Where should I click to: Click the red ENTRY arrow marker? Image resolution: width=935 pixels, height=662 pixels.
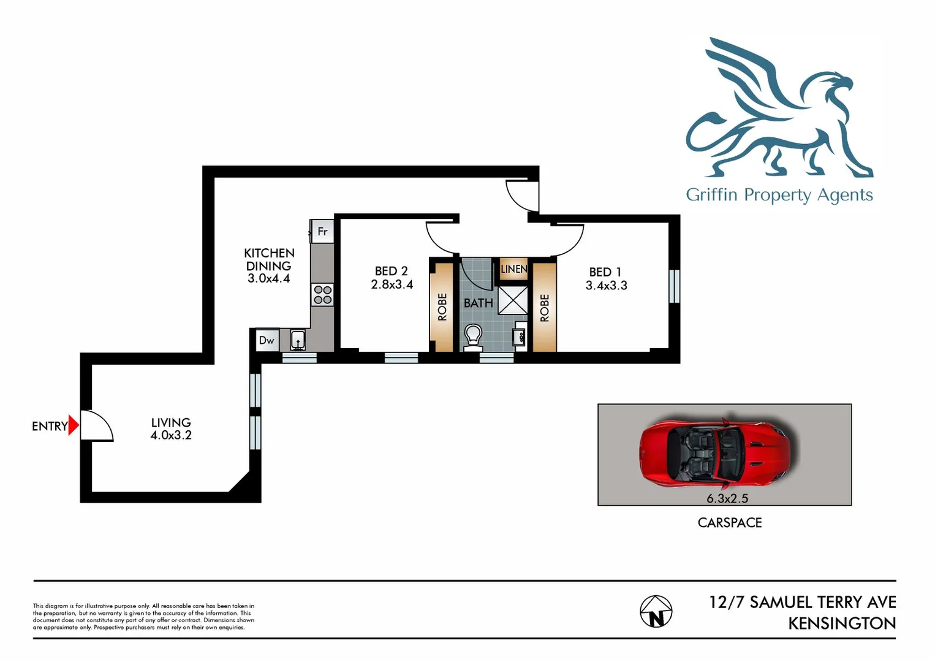click(x=74, y=425)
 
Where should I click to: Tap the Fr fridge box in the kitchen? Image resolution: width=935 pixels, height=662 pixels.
click(x=322, y=232)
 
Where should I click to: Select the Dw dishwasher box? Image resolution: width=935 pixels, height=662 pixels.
click(x=267, y=340)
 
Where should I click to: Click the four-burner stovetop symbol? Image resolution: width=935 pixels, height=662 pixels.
click(x=323, y=295)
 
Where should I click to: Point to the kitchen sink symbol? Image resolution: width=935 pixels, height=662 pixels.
click(x=298, y=339)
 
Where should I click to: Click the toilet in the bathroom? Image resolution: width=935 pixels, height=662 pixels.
click(x=473, y=337)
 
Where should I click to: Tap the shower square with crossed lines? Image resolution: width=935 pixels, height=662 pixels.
click(x=512, y=300)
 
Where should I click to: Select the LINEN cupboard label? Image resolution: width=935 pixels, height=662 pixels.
click(x=513, y=269)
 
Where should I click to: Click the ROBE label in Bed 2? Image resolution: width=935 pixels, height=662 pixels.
click(x=442, y=306)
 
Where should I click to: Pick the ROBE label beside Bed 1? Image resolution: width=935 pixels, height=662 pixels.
click(x=545, y=308)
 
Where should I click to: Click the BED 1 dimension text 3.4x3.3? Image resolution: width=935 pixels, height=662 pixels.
click(x=606, y=286)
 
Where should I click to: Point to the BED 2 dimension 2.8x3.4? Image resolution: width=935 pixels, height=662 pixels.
click(x=392, y=284)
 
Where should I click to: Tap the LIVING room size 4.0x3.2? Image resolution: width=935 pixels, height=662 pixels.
click(x=171, y=435)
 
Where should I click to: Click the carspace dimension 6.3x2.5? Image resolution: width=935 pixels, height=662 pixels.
click(x=727, y=498)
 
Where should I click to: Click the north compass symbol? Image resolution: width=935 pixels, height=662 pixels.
click(x=656, y=612)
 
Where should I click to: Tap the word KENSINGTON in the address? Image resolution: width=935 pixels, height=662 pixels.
click(x=841, y=623)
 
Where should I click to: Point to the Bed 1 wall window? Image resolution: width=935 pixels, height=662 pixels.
click(x=674, y=286)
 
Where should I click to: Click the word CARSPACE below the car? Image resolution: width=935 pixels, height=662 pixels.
click(x=730, y=523)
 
